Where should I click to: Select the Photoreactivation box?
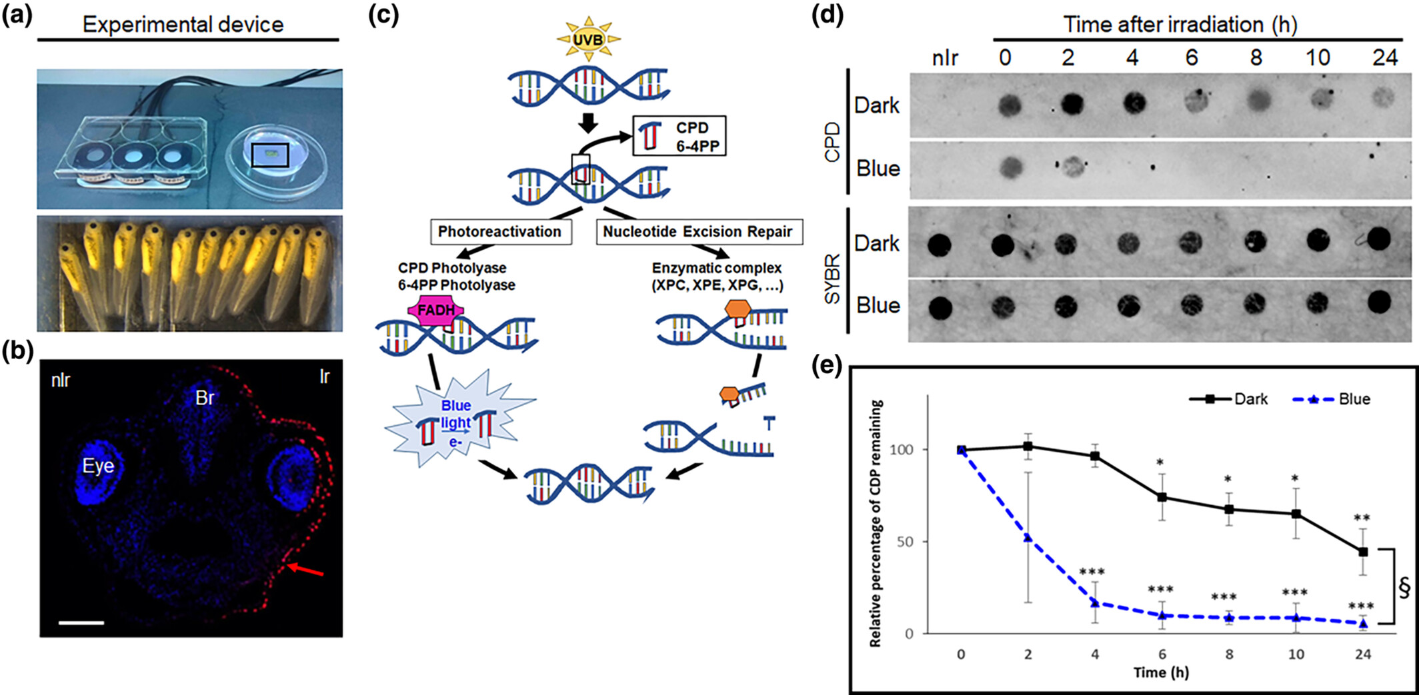click(x=500, y=232)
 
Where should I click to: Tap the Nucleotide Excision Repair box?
click(x=697, y=232)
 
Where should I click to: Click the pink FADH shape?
click(x=437, y=311)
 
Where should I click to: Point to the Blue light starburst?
click(x=457, y=422)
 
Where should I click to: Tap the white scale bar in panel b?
click(x=81, y=623)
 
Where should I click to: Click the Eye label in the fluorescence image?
click(x=98, y=466)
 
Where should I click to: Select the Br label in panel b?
click(x=205, y=398)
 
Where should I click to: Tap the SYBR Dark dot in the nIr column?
click(x=940, y=245)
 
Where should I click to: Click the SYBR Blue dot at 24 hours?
click(x=1378, y=303)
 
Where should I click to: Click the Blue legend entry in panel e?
click(x=1331, y=399)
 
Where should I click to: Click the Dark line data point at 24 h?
click(x=1362, y=552)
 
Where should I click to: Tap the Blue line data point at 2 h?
click(x=1028, y=538)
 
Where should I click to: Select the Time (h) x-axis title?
click(x=1161, y=672)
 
